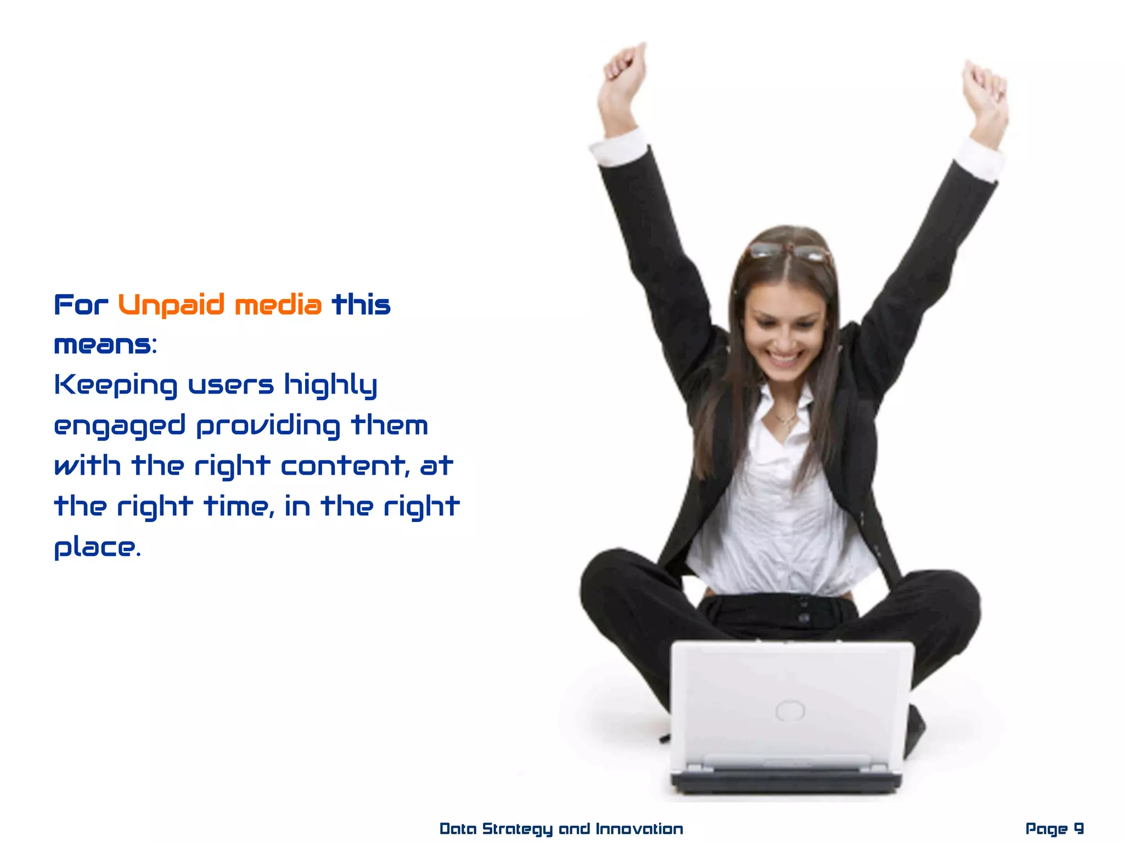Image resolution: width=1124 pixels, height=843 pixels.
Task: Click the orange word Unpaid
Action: tap(171, 305)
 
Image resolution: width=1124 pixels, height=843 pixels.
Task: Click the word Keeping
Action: tap(116, 385)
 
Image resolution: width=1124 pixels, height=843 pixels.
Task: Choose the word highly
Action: tap(330, 385)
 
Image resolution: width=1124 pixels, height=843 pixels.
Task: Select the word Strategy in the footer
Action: tap(517, 829)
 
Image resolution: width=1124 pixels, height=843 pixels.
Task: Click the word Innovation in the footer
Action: tap(639, 828)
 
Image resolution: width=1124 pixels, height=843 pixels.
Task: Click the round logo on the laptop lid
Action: tap(790, 711)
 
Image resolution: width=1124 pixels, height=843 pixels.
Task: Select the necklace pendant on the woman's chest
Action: tap(786, 421)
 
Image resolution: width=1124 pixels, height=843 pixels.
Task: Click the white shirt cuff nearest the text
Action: tap(619, 147)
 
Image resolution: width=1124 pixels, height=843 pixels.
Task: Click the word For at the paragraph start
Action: tap(81, 305)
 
